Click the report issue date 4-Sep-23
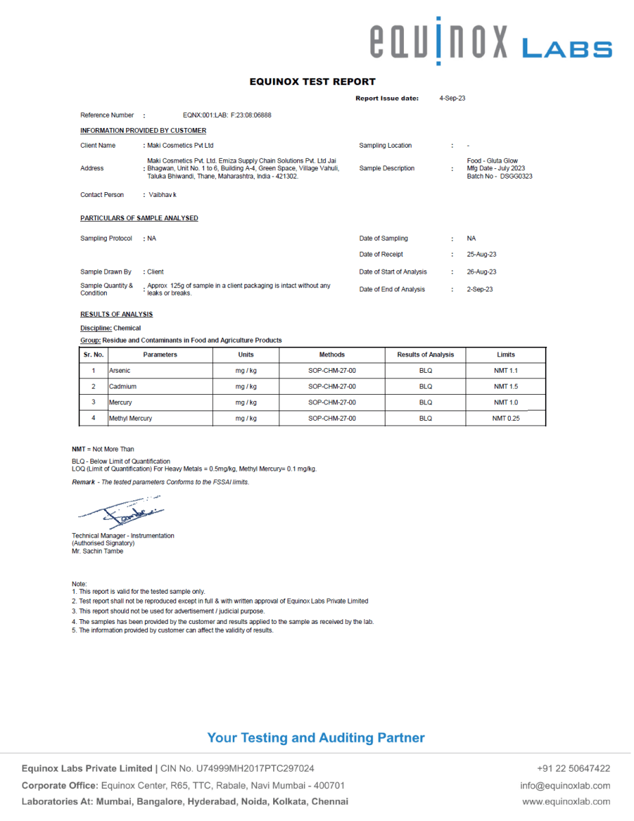[x=452, y=99]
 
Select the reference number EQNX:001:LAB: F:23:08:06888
[x=227, y=115]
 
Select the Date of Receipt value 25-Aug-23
[x=481, y=255]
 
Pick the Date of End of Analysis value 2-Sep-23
[x=479, y=289]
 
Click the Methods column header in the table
[x=332, y=354]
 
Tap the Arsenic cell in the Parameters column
[x=120, y=371]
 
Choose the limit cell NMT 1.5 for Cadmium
[x=506, y=387]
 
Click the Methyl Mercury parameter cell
[x=131, y=418]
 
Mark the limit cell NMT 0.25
[x=506, y=418]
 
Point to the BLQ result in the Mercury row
[x=426, y=402]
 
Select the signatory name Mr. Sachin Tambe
[x=98, y=551]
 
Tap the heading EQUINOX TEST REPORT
[x=312, y=81]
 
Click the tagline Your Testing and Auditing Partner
[x=316, y=738]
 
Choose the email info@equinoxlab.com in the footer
[x=565, y=785]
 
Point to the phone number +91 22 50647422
[x=574, y=768]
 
